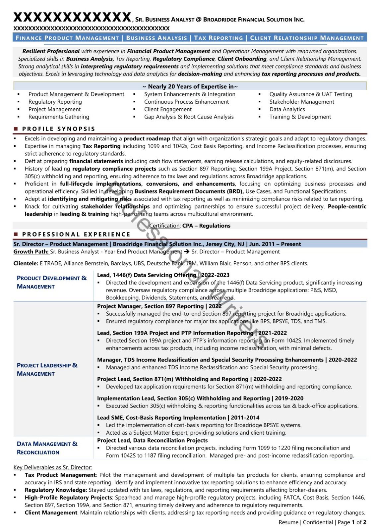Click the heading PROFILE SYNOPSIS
[58, 129]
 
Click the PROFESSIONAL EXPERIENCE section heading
[76, 234]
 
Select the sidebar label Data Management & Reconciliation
[47, 448]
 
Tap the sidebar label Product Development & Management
[51, 282]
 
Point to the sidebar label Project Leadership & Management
[47, 369]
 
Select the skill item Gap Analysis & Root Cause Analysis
[189, 117]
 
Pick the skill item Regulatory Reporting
[55, 102]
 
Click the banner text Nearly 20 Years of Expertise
[190, 86]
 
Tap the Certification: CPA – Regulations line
[190, 226]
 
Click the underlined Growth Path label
[31, 252]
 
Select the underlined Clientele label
[26, 263]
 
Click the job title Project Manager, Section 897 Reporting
[159, 306]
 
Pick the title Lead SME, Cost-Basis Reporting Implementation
[178, 417]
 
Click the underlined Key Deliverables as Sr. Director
[53, 467]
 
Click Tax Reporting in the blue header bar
[218, 38]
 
